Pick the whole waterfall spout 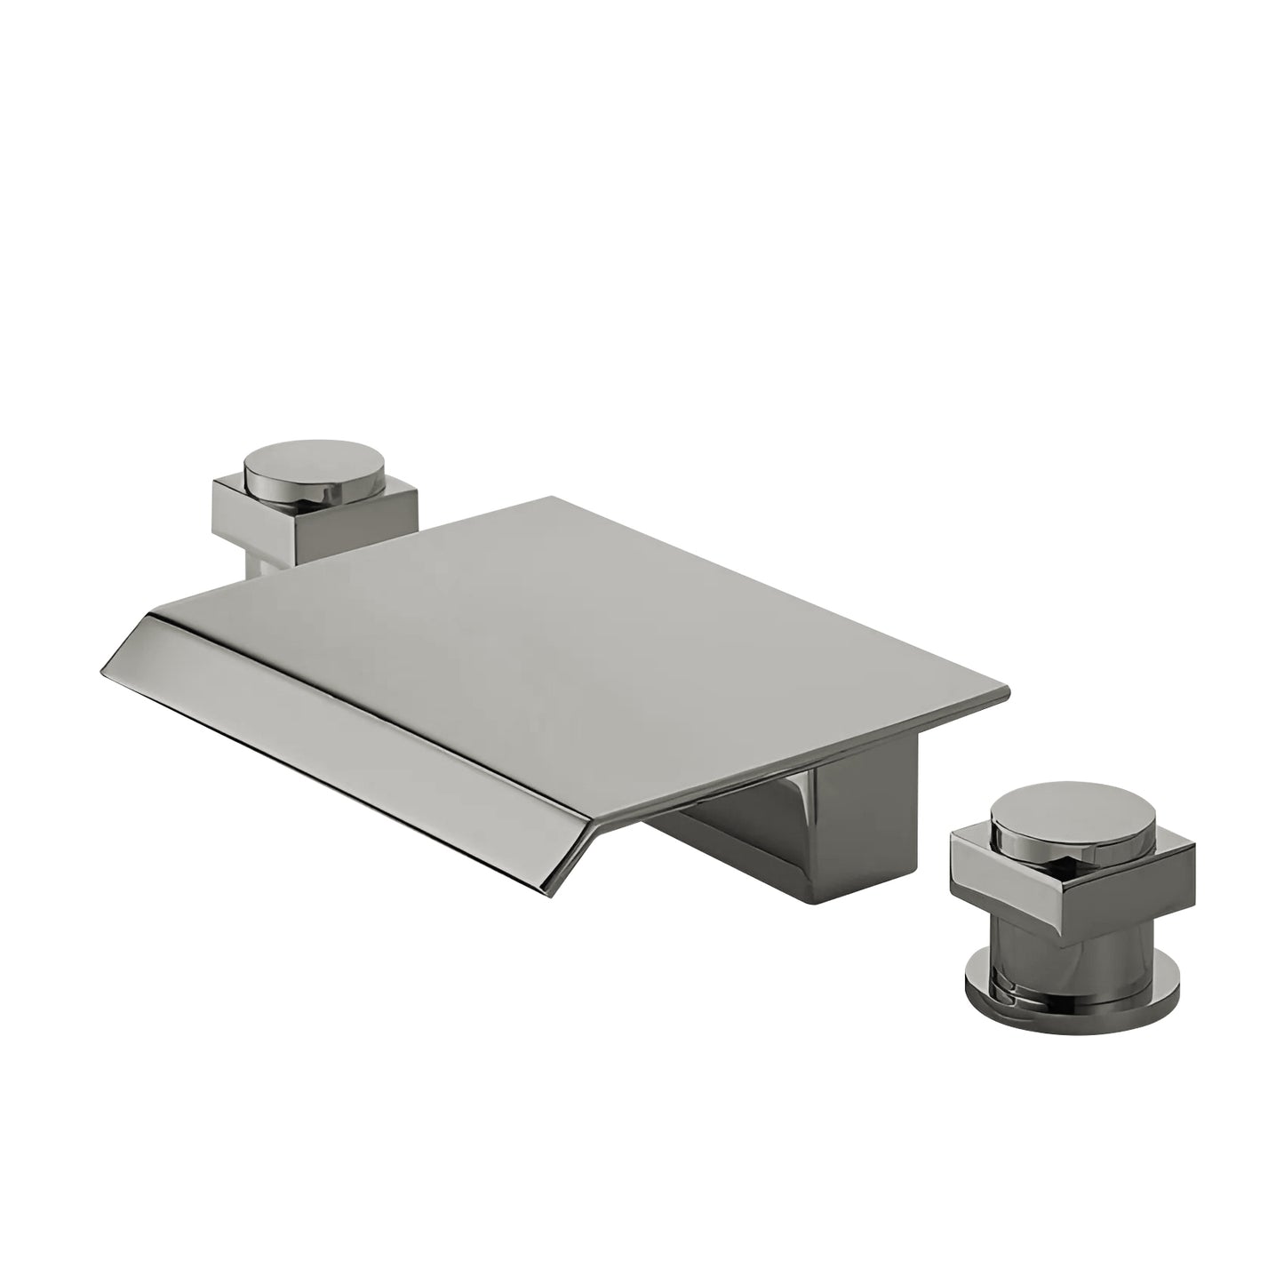(551, 693)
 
